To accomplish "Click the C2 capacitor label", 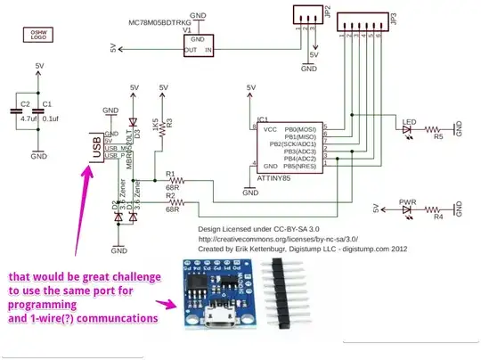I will pyautogui.click(x=25, y=104).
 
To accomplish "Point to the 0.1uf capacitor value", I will pyautogui.click(x=52, y=116).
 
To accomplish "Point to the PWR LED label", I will pyautogui.click(x=408, y=200).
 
